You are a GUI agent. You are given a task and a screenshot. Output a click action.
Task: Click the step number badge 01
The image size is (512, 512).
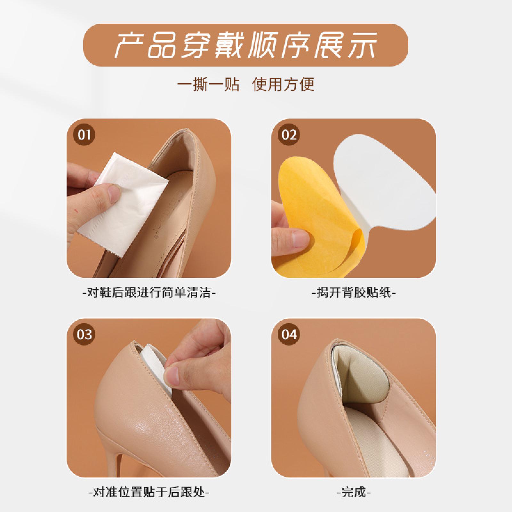pos(84,135)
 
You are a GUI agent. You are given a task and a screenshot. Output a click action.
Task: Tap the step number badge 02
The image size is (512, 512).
pos(289,135)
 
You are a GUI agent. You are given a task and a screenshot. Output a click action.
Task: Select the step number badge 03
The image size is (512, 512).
pos(84,335)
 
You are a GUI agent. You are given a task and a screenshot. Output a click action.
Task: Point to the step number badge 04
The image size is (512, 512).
pos(289,335)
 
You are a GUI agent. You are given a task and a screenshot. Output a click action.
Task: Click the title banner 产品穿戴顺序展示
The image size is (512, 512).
pos(245,45)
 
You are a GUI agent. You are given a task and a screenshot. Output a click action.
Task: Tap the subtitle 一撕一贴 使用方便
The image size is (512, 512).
pos(246,84)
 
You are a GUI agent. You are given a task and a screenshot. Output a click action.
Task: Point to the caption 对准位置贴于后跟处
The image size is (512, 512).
pos(149,492)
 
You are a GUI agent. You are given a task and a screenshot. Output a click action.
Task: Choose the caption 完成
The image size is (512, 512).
pos(354,492)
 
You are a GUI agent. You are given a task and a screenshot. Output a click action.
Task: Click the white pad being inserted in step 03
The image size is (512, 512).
pos(154,365)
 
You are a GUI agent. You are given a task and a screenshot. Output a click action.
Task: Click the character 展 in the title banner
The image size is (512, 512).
pos(331,45)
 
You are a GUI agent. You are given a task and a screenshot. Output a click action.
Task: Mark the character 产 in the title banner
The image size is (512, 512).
pos(129,45)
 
